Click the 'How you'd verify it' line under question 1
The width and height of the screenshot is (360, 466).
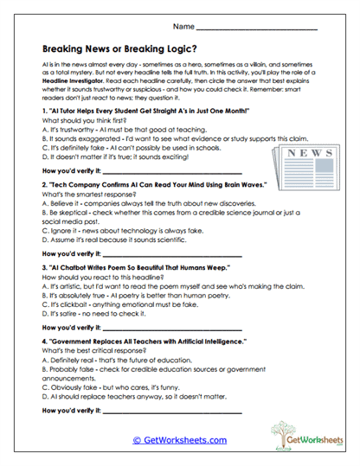[x=164, y=172]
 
